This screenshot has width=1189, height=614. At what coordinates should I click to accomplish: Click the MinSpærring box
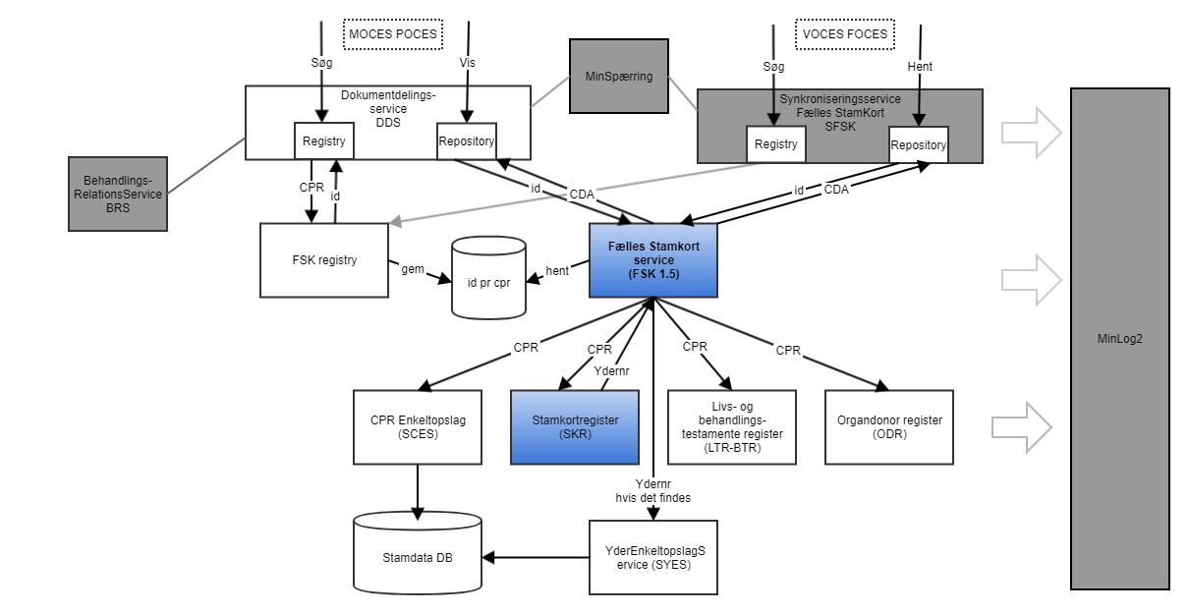pyautogui.click(x=618, y=75)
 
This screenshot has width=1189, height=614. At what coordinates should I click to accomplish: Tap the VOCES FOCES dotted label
pyautogui.click(x=844, y=34)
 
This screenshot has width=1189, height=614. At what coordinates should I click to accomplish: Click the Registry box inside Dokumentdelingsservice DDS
pyautogui.click(x=324, y=141)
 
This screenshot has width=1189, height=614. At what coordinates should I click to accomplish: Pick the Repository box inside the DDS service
pyautogui.click(x=466, y=141)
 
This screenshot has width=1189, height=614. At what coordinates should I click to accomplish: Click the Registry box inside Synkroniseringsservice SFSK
pyautogui.click(x=775, y=145)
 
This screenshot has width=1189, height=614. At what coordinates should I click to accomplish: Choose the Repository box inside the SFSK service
pyautogui.click(x=918, y=145)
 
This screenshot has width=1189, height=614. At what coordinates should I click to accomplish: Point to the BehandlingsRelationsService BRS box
pyautogui.click(x=118, y=194)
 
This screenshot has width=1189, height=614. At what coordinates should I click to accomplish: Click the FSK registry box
pyautogui.click(x=324, y=260)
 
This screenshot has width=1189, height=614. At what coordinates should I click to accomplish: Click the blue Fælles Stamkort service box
pyautogui.click(x=652, y=260)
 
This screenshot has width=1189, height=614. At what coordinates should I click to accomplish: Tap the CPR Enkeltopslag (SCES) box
pyautogui.click(x=417, y=427)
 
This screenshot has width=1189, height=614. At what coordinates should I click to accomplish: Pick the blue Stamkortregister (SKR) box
pyautogui.click(x=574, y=427)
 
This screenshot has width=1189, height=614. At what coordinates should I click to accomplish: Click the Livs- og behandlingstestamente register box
pyautogui.click(x=730, y=427)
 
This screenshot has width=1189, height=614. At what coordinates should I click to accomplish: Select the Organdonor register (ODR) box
pyautogui.click(x=888, y=427)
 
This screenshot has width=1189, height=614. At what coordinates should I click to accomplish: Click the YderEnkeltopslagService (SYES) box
pyautogui.click(x=653, y=557)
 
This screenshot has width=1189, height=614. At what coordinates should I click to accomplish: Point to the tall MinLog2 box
pyautogui.click(x=1119, y=338)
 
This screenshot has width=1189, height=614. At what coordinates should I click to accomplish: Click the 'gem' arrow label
pyautogui.click(x=411, y=267)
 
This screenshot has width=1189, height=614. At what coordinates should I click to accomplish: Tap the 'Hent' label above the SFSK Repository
pyautogui.click(x=920, y=67)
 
